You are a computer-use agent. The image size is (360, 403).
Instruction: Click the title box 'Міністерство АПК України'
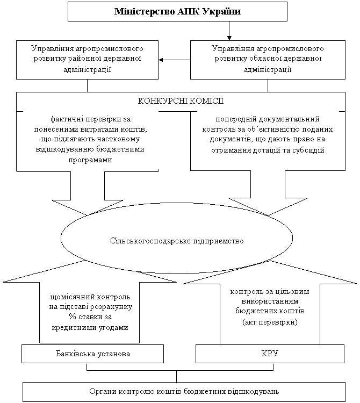point(177,12)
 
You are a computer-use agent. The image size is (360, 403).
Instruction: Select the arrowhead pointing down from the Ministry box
point(229,38)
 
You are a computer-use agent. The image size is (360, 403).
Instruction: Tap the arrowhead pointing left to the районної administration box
point(161,60)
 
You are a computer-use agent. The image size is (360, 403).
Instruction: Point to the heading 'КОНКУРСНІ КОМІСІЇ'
point(181,101)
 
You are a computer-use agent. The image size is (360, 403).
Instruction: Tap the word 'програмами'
point(90,160)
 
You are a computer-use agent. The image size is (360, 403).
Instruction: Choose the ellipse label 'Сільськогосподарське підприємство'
point(177,241)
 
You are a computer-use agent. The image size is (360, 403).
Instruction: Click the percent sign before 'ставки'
point(72,316)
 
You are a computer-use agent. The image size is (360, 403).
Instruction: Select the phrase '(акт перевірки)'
point(270,322)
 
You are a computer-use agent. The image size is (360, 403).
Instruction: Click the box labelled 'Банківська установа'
point(92,354)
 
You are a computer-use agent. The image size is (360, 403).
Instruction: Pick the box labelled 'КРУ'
point(270,354)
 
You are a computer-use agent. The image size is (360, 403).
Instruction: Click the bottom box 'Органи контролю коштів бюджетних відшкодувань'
point(184,392)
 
